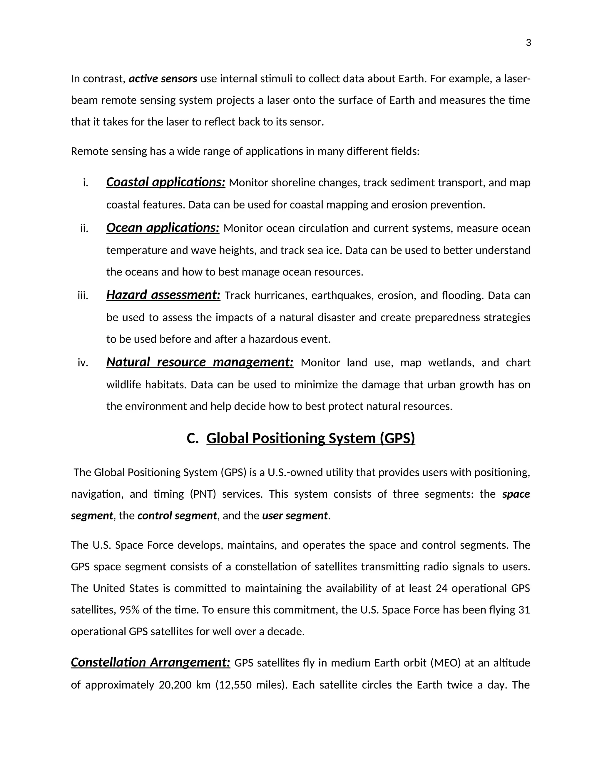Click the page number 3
pos(528,43)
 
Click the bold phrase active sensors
pos(163,78)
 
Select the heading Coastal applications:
pos(165,182)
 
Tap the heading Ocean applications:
pos(163,228)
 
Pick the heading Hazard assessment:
pos(163,295)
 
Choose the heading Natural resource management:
pos(200,362)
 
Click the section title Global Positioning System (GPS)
pos(310,438)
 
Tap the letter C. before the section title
pos(192,438)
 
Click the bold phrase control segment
pos(177,515)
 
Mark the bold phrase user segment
pos(295,515)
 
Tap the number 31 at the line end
pos(524,610)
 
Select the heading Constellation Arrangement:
pos(150,662)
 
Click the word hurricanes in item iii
pos(281,296)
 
